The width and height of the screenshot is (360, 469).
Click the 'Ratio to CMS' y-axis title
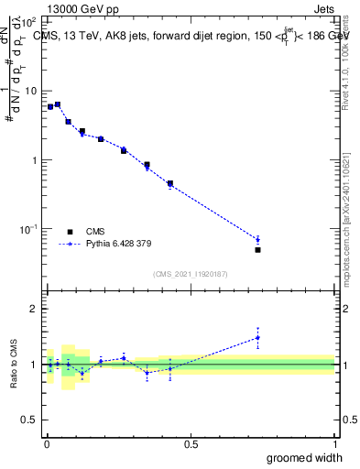14,365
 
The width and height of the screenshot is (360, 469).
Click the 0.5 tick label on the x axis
191,444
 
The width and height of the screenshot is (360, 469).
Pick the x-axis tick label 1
334,444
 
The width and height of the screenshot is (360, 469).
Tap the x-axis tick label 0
47,444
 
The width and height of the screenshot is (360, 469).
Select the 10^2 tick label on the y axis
28,22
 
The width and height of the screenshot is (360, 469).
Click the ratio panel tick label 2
34,309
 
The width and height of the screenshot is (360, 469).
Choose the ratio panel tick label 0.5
29,420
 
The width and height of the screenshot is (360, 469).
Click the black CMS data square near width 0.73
257,249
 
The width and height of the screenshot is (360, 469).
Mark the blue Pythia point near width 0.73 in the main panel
257,240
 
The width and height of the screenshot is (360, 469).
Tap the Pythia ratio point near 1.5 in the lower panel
257,337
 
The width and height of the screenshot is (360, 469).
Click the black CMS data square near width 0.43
170,183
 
